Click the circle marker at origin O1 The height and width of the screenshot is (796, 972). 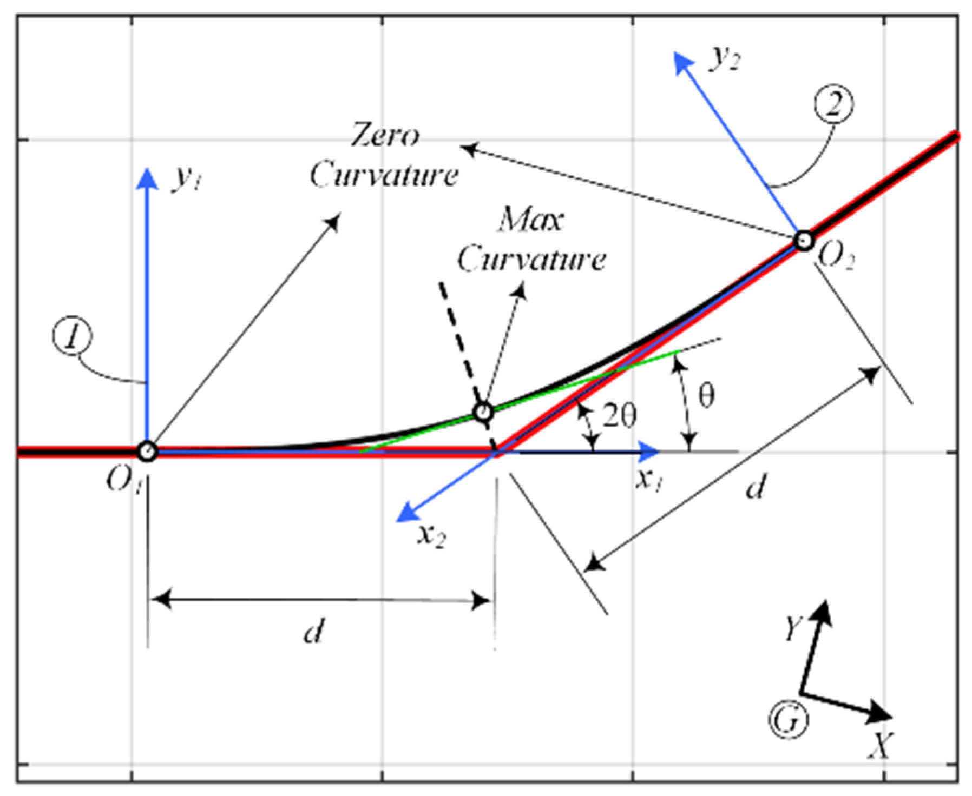tap(147, 450)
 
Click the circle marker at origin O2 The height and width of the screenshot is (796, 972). tap(804, 240)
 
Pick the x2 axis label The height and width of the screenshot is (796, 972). tap(432, 536)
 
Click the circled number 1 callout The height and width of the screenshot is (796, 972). tap(72, 336)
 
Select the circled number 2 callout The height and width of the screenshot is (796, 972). tap(833, 104)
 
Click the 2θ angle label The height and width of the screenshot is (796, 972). tap(620, 416)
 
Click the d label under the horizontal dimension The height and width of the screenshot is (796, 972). tap(314, 630)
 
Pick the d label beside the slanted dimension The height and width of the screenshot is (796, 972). tap(756, 486)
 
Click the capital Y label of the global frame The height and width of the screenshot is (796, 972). tap(794, 628)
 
